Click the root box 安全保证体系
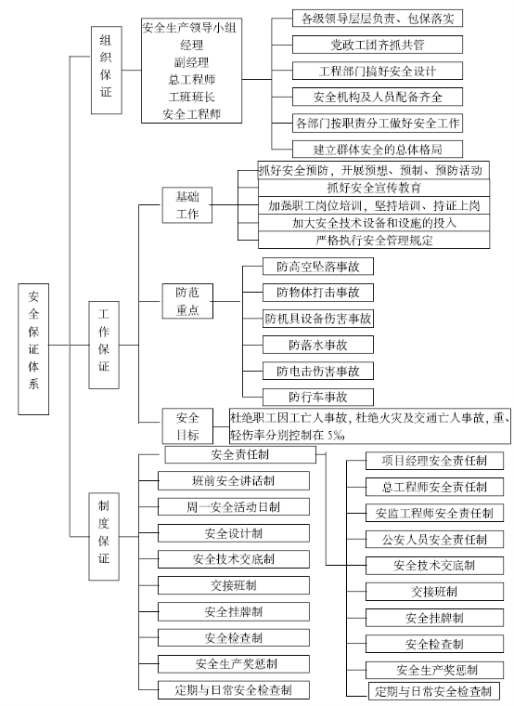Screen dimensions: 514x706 33,349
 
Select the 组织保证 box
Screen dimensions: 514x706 106,70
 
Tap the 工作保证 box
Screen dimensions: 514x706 104,345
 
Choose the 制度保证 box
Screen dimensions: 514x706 104,536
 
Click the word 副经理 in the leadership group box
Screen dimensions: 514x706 191,61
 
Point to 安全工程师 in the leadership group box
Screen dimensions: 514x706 191,114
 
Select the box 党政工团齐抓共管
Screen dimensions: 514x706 378,45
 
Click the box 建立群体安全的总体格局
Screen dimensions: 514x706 378,149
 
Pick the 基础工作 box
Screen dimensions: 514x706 187,205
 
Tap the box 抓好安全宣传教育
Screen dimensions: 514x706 374,188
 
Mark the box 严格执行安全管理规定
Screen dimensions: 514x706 374,240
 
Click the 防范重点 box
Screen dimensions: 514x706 187,301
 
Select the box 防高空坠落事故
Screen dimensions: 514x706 318,267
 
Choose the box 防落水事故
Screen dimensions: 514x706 318,345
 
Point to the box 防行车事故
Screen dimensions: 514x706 318,397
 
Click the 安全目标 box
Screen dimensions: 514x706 187,426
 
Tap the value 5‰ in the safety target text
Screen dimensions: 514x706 336,436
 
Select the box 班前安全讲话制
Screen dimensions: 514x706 234,481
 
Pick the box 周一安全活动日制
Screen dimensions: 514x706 234,507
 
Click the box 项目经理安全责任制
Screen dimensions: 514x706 434,461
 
